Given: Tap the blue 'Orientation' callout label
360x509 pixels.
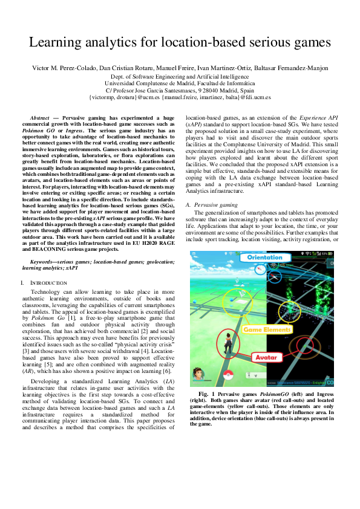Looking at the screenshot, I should [x=264, y=257].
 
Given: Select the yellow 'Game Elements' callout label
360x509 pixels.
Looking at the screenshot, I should [x=264, y=329].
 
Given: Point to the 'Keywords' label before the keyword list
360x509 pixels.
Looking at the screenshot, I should [x=47, y=261].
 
